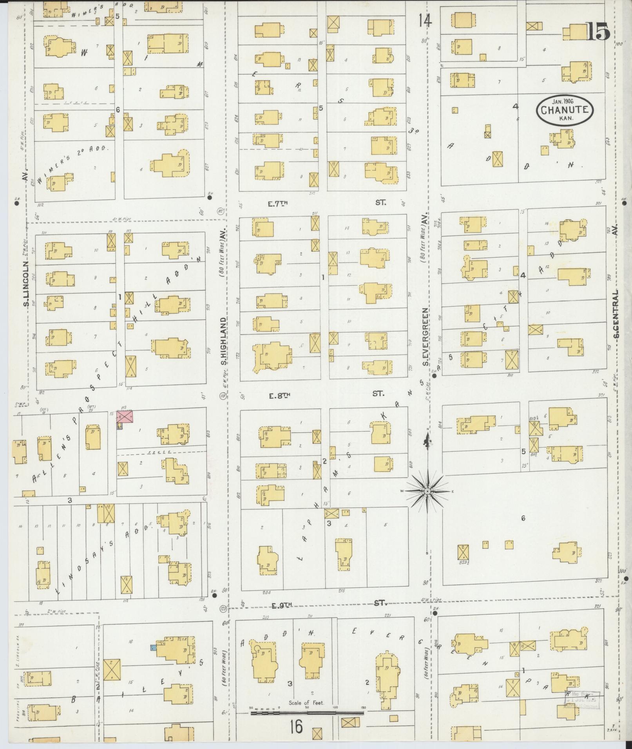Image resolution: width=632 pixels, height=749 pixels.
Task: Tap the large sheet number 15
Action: coord(598,32)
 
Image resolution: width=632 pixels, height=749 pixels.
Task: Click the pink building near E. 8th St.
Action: coord(125,417)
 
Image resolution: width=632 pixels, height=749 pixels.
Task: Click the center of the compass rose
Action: coord(427,491)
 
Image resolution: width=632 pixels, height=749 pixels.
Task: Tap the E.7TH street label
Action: coord(278,204)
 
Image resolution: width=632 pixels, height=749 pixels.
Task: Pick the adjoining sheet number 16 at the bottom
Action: coord(297,727)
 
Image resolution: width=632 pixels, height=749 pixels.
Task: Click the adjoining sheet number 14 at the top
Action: coord(425,20)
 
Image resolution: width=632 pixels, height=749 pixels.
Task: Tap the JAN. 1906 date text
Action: coord(564,101)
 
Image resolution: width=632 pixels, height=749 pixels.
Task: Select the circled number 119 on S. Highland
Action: coord(223,396)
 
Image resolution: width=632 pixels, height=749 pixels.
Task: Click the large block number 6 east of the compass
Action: coord(523,519)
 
